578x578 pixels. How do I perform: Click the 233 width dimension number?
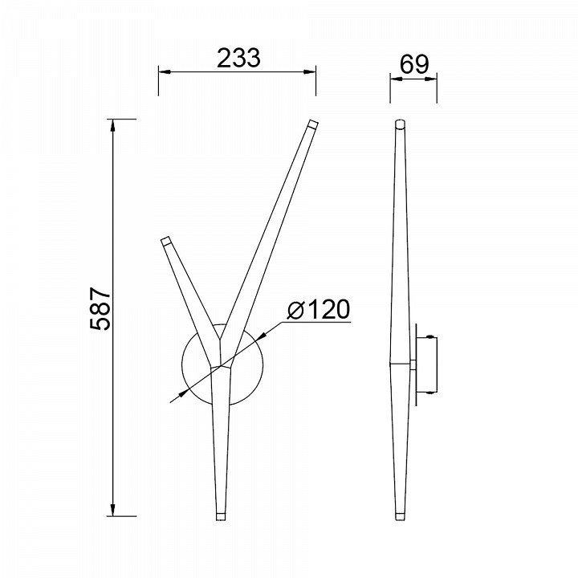click(x=238, y=58)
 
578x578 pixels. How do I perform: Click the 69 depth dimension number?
click(x=414, y=64)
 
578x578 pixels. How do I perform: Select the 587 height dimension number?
click(x=100, y=308)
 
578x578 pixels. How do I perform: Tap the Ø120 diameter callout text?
click(x=318, y=309)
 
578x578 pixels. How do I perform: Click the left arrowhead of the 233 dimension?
click(x=165, y=71)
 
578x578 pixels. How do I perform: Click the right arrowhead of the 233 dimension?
click(x=310, y=71)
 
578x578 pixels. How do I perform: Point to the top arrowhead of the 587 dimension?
click(x=113, y=125)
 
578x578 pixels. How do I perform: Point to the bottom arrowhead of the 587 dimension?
click(x=113, y=510)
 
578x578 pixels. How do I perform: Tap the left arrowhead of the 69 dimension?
click(x=397, y=78)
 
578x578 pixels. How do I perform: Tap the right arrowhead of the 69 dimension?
click(x=430, y=78)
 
